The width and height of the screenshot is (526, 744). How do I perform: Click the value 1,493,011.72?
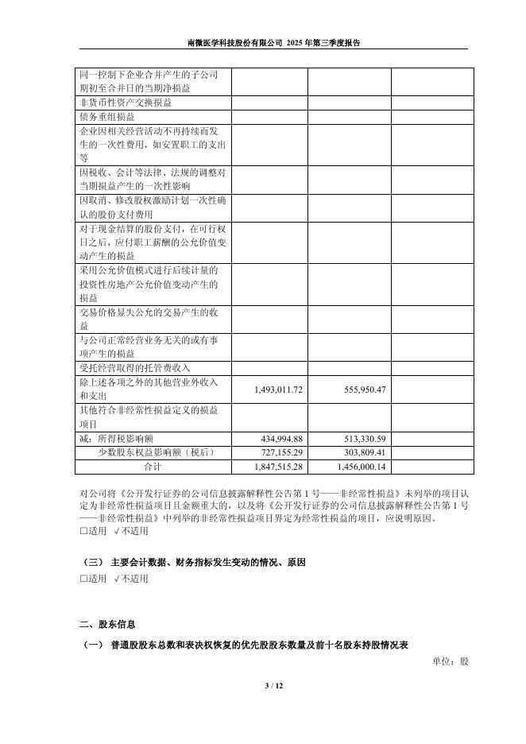click(x=278, y=389)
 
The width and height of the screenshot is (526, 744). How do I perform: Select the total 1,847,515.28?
click(x=278, y=466)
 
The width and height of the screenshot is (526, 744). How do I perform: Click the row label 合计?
click(x=152, y=466)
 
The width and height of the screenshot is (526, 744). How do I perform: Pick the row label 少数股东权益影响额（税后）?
click(x=152, y=452)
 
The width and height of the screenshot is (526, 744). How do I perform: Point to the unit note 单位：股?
click(x=451, y=661)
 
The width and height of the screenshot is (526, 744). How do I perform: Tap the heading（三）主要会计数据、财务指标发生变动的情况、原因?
click(x=194, y=562)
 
